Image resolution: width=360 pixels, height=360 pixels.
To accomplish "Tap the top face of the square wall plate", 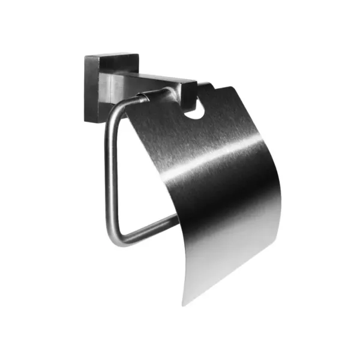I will pyautogui.click(x=112, y=56).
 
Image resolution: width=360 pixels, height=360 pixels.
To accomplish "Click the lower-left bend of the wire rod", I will pyautogui.click(x=115, y=238).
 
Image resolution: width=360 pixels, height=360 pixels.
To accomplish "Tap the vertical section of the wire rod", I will pyautogui.click(x=109, y=174).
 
